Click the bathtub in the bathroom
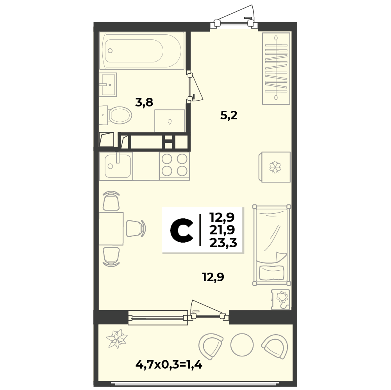coord(142,51)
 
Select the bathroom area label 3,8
coord(144,102)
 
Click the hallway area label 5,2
coord(229,115)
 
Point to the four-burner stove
coord(175,166)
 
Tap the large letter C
coord(182,230)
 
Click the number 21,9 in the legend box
coord(222,230)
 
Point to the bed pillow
coord(271,272)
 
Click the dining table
coord(111,229)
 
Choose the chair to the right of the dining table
coord(136,229)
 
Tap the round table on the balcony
coord(242,345)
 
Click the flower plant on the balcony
coord(117,338)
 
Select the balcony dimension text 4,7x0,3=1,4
coord(169,365)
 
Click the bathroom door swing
coord(195,87)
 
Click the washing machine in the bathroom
coord(170,121)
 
